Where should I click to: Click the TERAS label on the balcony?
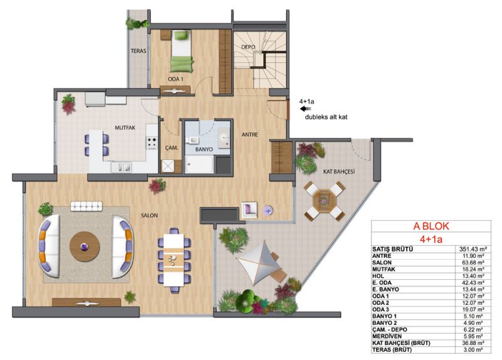click(x=138, y=51)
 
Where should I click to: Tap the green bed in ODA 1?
click(x=181, y=51)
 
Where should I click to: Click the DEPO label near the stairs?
click(x=248, y=47)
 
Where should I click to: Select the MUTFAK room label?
click(x=125, y=128)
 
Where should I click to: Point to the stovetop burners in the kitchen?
click(x=152, y=143)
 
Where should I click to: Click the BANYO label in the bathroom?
click(x=204, y=149)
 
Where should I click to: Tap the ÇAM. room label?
click(x=171, y=148)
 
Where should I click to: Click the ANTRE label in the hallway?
click(x=250, y=135)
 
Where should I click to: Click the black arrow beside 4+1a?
click(x=305, y=109)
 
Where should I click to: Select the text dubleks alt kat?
click(x=326, y=117)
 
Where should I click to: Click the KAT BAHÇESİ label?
click(x=339, y=172)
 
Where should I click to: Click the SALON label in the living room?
click(x=149, y=216)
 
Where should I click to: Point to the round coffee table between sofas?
click(x=85, y=246)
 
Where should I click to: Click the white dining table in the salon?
click(x=174, y=260)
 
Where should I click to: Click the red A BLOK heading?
click(x=431, y=226)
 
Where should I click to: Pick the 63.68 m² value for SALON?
click(x=473, y=263)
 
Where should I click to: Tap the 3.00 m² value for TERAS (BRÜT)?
click(x=473, y=350)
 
